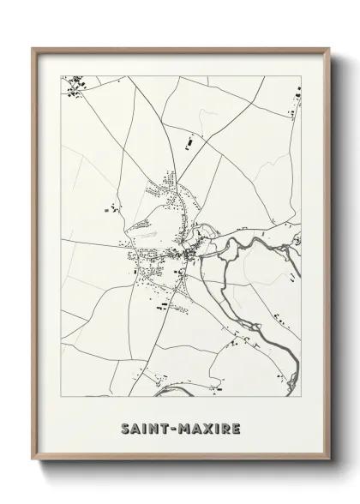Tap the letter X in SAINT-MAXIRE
click(202, 425)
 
